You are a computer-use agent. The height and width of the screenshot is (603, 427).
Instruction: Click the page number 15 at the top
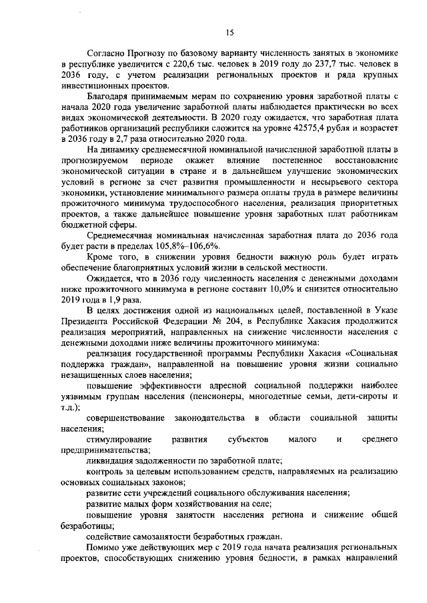[230, 32]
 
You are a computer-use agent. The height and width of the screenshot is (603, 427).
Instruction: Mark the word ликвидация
[110, 461]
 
